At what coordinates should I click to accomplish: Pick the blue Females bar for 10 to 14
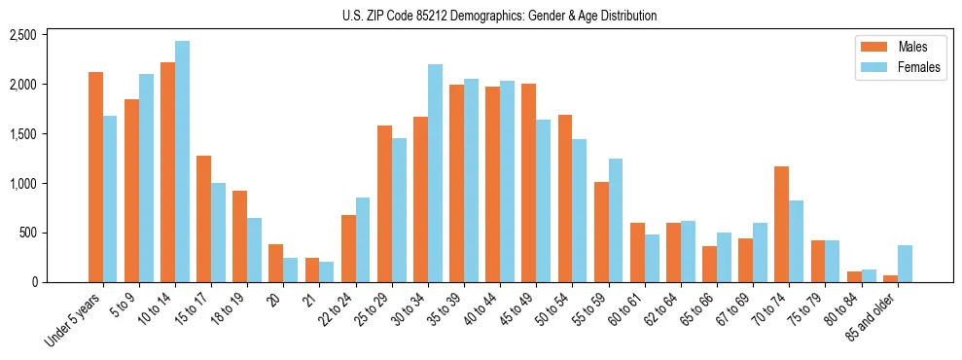coord(183,162)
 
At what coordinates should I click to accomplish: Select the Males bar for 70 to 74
coord(782,225)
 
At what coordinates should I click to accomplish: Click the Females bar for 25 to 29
coord(400,210)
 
